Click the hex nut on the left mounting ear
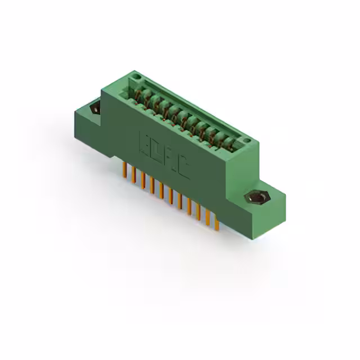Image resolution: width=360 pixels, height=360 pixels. (x=94, y=107)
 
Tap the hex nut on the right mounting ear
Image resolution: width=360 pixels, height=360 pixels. (x=258, y=198)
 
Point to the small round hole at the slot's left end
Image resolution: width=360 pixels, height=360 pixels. (x=135, y=76)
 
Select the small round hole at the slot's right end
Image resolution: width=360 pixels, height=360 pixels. (x=246, y=141)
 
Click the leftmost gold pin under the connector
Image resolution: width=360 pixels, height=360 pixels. (x=125, y=170)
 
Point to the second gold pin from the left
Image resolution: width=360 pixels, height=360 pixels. (x=134, y=175)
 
